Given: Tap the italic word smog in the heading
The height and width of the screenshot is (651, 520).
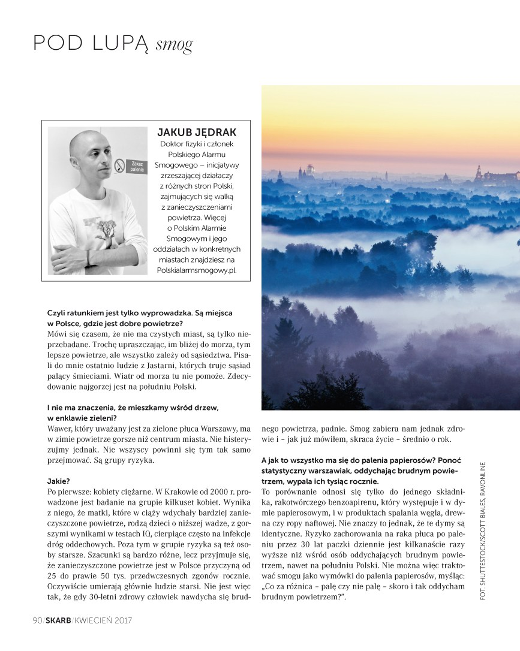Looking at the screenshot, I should (x=174, y=45).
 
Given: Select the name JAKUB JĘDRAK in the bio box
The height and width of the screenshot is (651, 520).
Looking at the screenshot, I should (x=196, y=132).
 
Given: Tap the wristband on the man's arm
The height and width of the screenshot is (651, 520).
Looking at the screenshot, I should (x=88, y=258).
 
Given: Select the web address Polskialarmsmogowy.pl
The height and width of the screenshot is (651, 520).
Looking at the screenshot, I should (x=196, y=270).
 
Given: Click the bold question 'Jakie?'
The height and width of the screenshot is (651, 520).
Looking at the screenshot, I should (x=59, y=481).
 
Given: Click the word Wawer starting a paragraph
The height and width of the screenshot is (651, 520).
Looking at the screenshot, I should (x=60, y=429).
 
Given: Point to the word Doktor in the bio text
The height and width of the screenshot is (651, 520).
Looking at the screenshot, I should (x=172, y=144).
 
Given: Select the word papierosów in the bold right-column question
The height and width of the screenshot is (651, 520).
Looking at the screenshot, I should (x=405, y=460).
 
